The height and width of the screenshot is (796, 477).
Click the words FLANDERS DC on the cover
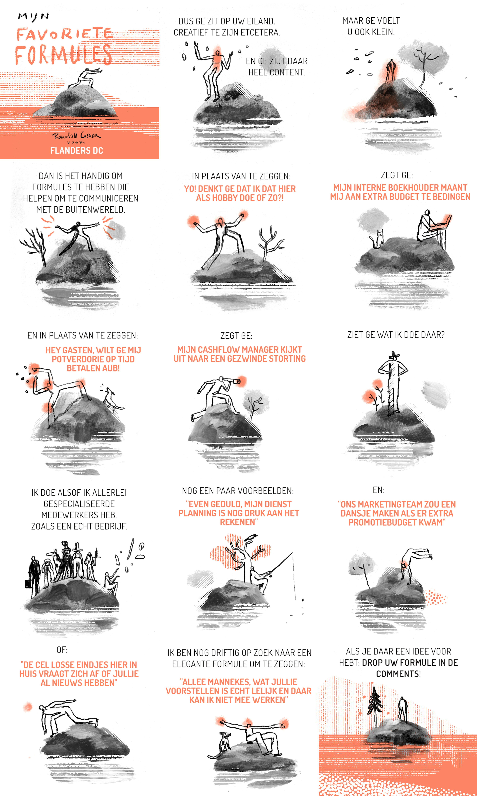click(x=77, y=151)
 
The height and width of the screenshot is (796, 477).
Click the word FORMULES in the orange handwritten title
click(x=63, y=55)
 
